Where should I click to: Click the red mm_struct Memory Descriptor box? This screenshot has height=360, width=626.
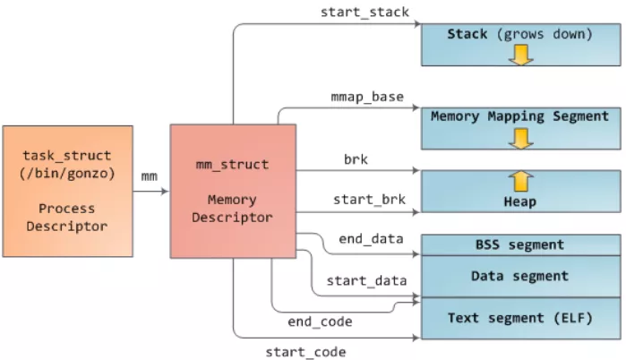[233, 190]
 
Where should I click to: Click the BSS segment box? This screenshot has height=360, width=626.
[519, 244]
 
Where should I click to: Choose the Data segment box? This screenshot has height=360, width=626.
[519, 276]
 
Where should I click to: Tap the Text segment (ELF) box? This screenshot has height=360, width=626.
[519, 318]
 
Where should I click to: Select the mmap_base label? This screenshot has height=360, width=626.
[367, 96]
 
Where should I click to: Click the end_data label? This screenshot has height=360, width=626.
[370, 239]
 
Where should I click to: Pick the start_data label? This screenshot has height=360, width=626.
[365, 280]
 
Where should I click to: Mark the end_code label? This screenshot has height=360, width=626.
[320, 321]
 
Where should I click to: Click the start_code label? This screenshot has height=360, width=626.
[305, 351]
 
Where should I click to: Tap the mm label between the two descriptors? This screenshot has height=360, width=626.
[150, 176]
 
